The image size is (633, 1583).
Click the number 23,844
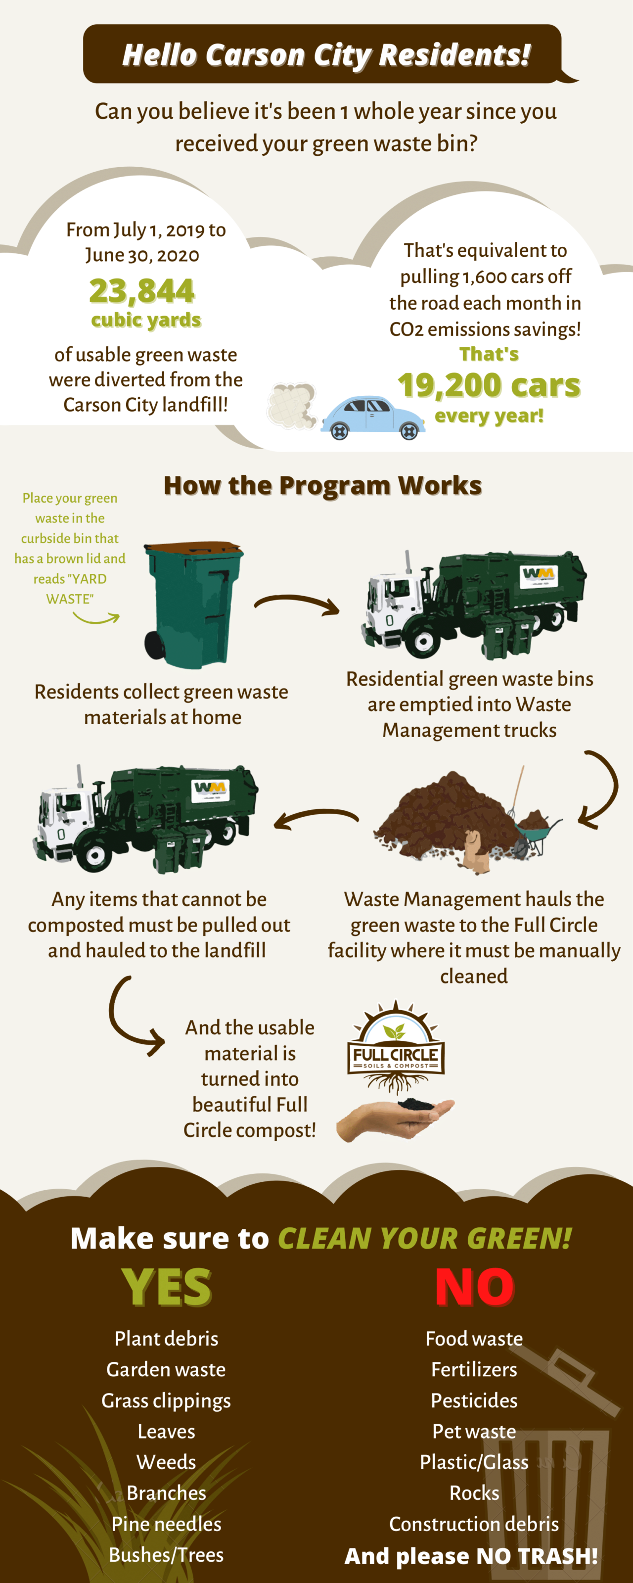tap(142, 291)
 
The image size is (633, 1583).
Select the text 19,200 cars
tap(489, 385)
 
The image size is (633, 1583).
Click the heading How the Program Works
tap(322, 485)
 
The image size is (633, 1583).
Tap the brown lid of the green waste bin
tap(193, 548)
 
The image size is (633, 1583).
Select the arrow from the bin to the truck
tap(297, 604)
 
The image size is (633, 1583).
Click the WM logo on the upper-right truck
tap(539, 574)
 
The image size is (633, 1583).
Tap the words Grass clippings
tap(166, 1400)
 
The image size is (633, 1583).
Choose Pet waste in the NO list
tap(474, 1431)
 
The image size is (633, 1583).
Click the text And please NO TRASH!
tap(471, 1555)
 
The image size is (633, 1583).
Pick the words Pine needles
tap(166, 1524)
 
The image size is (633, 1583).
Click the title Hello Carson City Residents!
tap(326, 55)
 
